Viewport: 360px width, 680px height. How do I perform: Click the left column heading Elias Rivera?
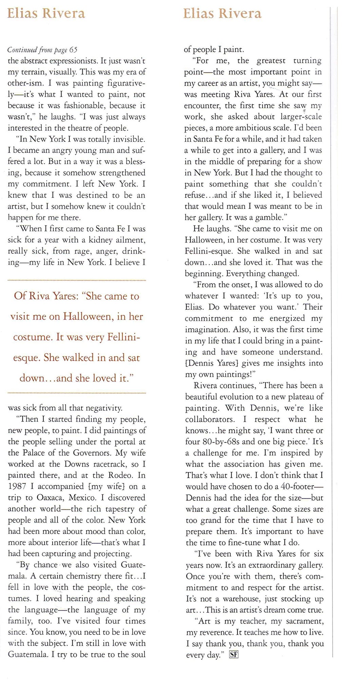coord(46,14)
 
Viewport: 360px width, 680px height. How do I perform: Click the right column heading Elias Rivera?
coord(222,14)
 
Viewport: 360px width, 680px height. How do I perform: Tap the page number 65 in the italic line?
coord(73,50)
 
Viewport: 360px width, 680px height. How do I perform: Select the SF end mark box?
coord(234,655)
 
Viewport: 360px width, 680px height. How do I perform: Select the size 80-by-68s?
coord(221,442)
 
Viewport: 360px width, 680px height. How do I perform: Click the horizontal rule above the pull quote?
coord(77,280)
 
